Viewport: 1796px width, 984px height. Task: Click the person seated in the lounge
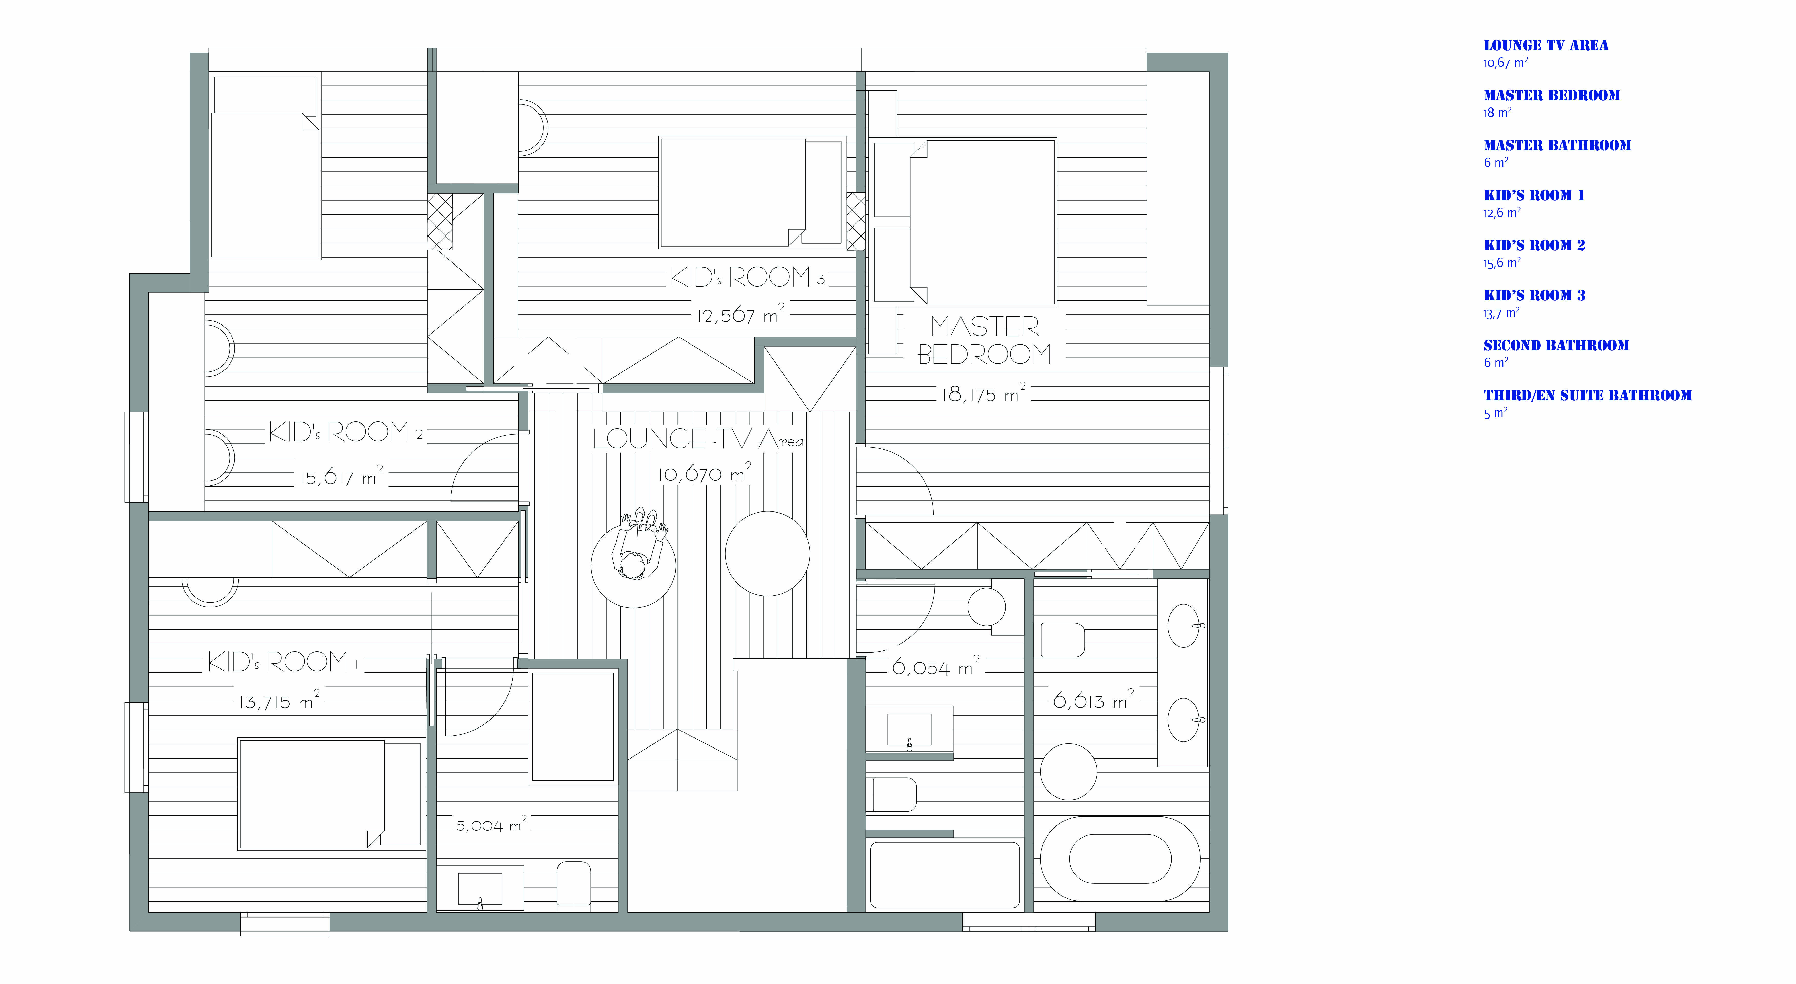tap(638, 544)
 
